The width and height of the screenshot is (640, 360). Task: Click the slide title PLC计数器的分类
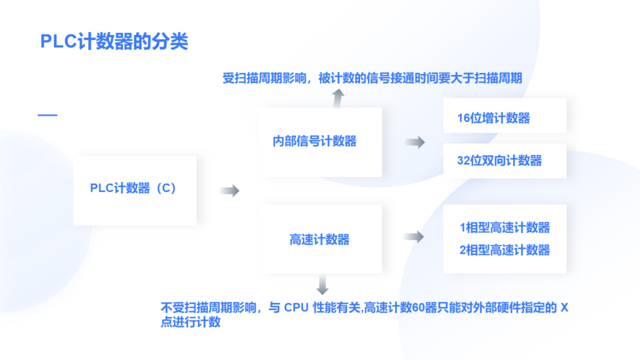coord(114,41)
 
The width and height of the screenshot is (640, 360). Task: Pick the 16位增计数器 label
coord(493,118)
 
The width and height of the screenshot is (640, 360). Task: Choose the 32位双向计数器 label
coord(499,161)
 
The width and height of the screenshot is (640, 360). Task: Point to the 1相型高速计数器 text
coord(504,227)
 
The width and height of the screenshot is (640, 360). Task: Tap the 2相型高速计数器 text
coord(504,250)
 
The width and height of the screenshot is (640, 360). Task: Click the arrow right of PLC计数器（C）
coord(229,191)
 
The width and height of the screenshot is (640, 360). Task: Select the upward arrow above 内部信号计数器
coord(337,97)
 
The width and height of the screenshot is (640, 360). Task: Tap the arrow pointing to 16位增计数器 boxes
coord(414,142)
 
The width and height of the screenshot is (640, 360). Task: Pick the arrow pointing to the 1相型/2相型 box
coord(414,237)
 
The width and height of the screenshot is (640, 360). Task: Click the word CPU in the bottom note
coord(296,307)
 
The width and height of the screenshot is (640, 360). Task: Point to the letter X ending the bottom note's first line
coord(564,307)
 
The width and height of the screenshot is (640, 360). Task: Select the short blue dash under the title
coord(47,115)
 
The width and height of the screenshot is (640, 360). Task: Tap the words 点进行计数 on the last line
coord(191,322)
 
